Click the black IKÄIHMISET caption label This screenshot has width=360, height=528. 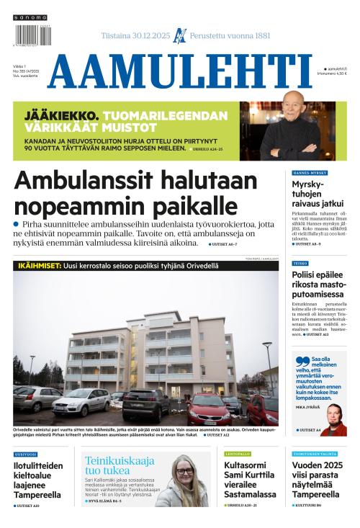pyautogui.click(x=40, y=266)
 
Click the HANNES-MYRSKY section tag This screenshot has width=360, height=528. pyautogui.click(x=310, y=174)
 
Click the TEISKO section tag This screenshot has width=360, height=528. pyautogui.click(x=300, y=264)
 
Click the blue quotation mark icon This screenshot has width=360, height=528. pyautogui.click(x=301, y=361)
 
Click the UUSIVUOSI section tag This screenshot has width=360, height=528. pyautogui.click(x=25, y=454)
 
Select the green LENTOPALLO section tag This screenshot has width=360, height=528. pyautogui.click(x=237, y=454)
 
